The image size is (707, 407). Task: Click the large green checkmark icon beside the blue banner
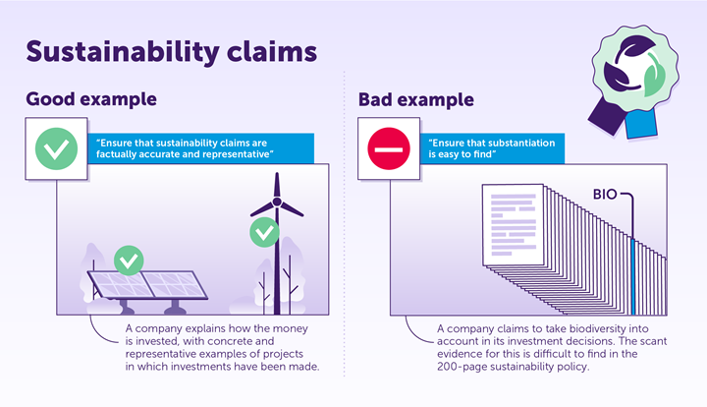57,148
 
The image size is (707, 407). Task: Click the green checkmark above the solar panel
129,261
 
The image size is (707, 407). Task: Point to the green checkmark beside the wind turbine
263,233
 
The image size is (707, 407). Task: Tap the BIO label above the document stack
604,195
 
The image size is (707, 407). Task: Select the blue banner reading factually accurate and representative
204,148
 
